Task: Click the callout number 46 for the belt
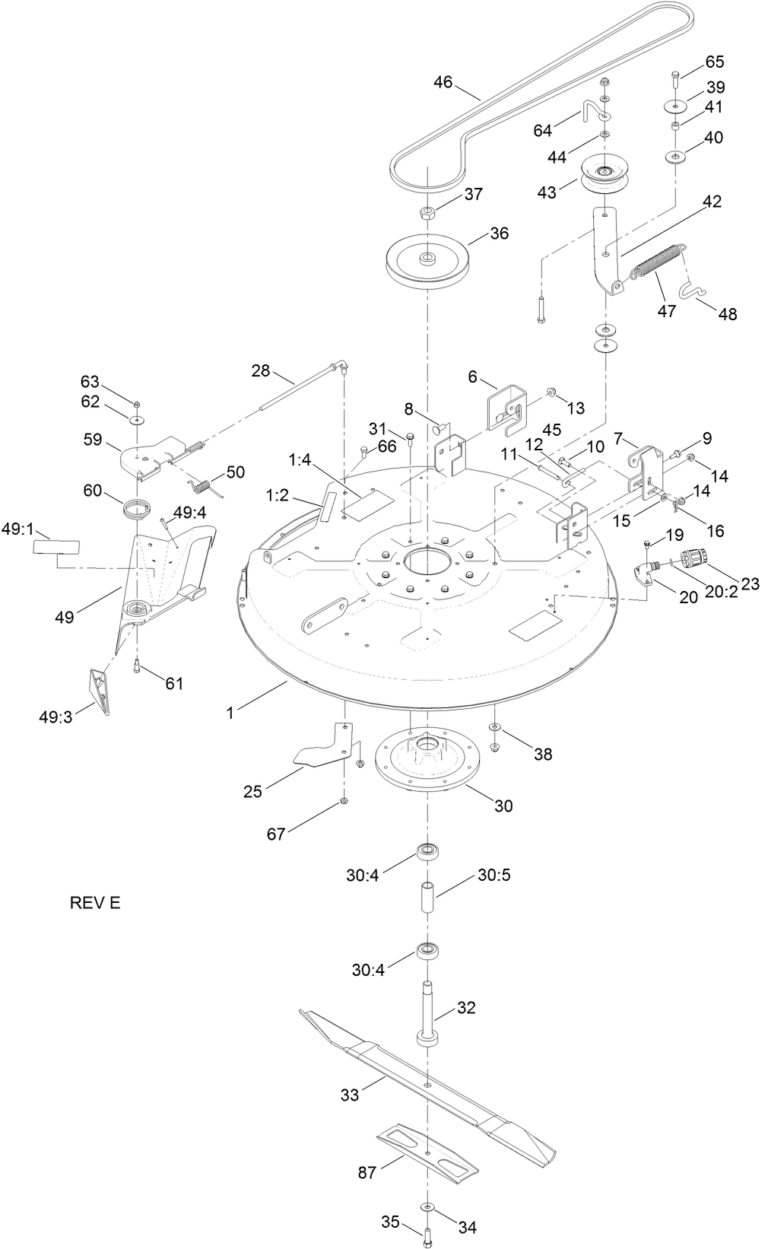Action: (x=443, y=81)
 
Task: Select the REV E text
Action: (x=95, y=903)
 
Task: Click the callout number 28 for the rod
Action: (x=261, y=370)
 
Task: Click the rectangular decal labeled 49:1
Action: (x=56, y=547)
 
